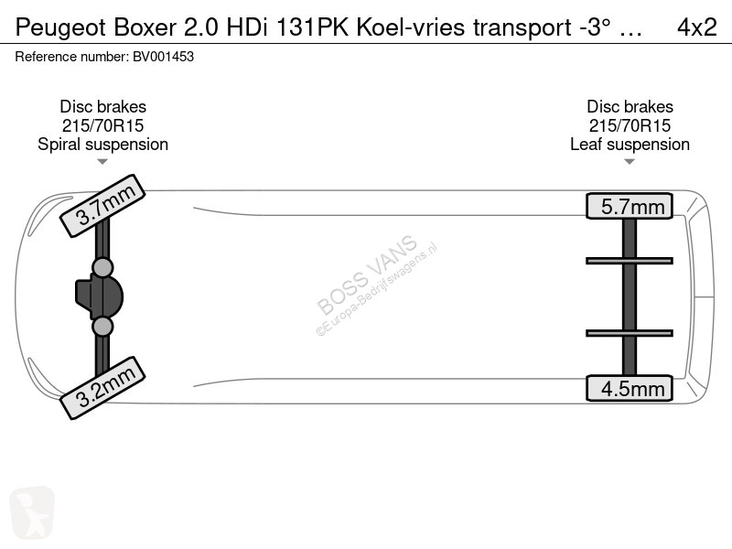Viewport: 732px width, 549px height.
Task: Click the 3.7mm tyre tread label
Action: click(x=102, y=206)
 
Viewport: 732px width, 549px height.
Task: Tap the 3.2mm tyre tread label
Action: click(x=102, y=388)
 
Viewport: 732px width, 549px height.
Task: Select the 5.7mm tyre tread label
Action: click(x=630, y=206)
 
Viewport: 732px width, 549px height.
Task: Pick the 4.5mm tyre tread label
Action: click(x=630, y=388)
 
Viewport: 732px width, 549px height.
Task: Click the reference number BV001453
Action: click(x=164, y=57)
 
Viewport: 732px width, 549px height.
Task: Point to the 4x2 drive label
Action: click(x=696, y=27)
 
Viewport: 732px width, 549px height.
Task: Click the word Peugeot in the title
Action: click(x=60, y=27)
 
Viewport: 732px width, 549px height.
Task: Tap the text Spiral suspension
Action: click(x=102, y=145)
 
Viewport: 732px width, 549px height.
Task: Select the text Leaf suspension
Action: click(x=630, y=145)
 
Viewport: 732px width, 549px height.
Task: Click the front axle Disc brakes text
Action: click(x=102, y=106)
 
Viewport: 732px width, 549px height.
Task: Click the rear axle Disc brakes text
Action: click(x=630, y=106)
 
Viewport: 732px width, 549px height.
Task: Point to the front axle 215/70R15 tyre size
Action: click(x=102, y=125)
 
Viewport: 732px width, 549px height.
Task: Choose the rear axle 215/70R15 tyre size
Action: click(x=630, y=125)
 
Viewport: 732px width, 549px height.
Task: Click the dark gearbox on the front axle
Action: click(x=99, y=296)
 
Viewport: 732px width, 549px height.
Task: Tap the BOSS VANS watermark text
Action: click(x=367, y=274)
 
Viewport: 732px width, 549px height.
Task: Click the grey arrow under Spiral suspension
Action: click(x=102, y=162)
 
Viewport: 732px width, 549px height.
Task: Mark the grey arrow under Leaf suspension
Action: click(x=630, y=162)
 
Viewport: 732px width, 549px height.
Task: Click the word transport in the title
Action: click(x=522, y=27)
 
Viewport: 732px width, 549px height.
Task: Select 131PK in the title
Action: click(x=312, y=27)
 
